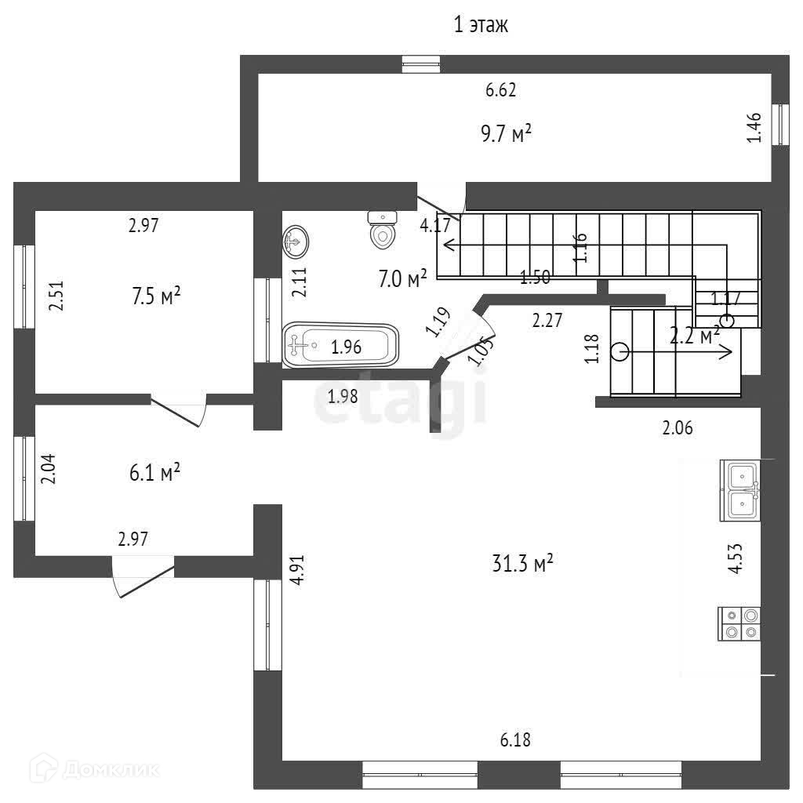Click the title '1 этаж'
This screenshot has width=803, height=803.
tap(481, 25)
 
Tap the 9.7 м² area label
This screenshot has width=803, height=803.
tap(506, 134)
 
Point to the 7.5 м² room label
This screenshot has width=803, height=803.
tap(155, 296)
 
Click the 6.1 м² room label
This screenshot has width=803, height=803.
tap(155, 473)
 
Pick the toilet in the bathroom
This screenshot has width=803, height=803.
tap(383, 230)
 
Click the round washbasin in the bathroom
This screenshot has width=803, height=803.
tap(296, 242)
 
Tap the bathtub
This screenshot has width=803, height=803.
tap(340, 344)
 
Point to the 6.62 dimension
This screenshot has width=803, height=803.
tap(500, 90)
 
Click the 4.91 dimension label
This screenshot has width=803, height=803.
tap(296, 570)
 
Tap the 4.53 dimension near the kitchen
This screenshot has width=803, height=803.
tap(736, 559)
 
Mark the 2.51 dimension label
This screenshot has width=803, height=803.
tap(55, 296)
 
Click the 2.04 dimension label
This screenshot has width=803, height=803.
tap(49, 471)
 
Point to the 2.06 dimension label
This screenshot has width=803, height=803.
tap(678, 427)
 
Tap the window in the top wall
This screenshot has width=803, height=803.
tap(422, 64)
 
